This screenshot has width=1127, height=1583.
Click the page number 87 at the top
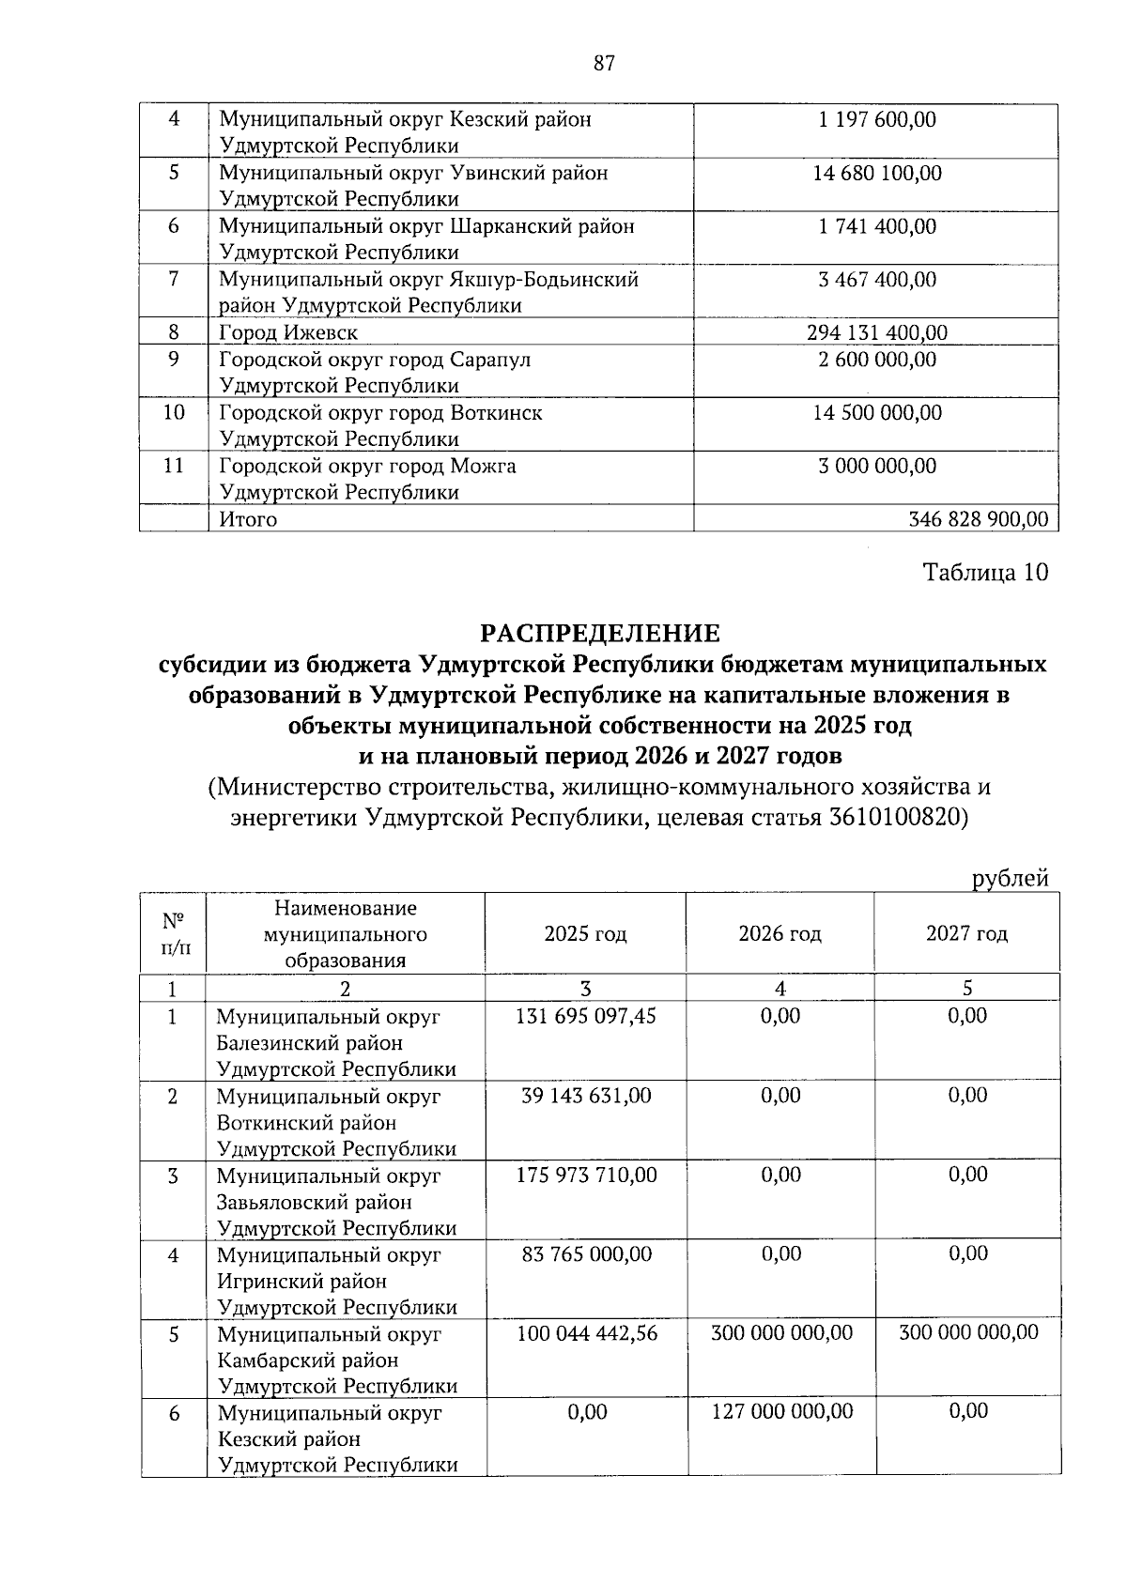pos(604,64)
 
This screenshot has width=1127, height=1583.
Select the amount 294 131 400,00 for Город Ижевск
pos(877,333)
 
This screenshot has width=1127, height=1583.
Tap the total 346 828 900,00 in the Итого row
pos(979,519)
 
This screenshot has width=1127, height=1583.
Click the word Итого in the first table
pos(248,519)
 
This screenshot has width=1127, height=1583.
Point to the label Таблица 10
pos(985,573)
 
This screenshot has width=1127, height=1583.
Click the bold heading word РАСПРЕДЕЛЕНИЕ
pos(602,633)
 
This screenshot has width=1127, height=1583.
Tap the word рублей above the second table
pos(1010,879)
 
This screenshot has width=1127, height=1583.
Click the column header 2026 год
pos(780,934)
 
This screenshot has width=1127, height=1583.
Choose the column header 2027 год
pos(966,934)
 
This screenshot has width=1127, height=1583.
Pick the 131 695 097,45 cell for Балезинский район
pos(586,1016)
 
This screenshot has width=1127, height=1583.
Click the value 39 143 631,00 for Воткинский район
pos(586,1096)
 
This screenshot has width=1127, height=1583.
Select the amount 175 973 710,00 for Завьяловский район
pos(586,1175)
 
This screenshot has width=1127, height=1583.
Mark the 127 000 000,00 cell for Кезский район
pos(781,1411)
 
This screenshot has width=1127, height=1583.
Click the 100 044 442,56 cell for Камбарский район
pos(586,1332)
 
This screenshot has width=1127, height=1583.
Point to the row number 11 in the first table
pos(174,467)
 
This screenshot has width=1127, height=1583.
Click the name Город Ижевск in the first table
pos(288,333)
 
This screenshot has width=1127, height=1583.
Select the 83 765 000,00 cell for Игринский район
pos(586,1254)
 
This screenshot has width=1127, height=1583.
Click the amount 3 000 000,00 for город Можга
pos(877,467)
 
